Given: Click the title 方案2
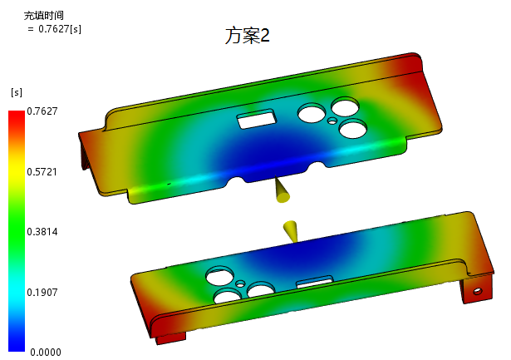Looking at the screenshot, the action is [x=248, y=36].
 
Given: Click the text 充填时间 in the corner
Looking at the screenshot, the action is [x=44, y=15].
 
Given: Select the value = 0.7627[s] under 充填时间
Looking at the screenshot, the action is [x=55, y=29].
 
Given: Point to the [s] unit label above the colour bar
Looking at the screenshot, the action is [x=17, y=92].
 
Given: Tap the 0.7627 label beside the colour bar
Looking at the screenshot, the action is [x=42, y=111].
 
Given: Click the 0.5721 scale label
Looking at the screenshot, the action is [x=42, y=172].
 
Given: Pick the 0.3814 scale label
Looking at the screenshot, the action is [x=42, y=232].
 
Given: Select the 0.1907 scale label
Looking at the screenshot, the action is [x=42, y=292].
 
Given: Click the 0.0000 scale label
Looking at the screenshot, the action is [x=46, y=353].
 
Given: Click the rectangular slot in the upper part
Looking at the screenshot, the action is [x=257, y=119].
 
